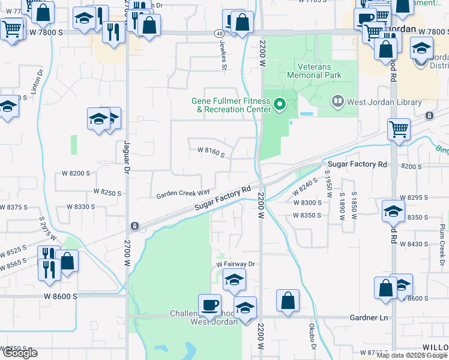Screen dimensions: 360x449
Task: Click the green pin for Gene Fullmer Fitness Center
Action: [x=279, y=105]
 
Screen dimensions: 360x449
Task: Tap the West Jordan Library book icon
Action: [x=338, y=103]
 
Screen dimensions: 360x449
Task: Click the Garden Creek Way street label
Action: [x=183, y=194]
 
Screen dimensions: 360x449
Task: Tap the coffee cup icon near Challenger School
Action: [x=209, y=304]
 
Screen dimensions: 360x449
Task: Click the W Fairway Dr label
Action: [x=236, y=264]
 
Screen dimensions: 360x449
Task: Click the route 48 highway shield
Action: [x=220, y=35]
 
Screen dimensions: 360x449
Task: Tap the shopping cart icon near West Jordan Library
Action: [x=399, y=128]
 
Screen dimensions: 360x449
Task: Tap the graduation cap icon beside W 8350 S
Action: [x=393, y=211]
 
